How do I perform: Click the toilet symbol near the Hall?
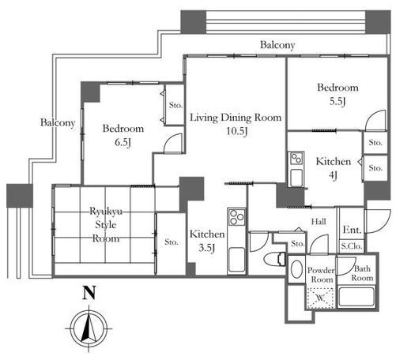click(x=275, y=259)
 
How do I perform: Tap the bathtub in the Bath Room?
click(x=356, y=297)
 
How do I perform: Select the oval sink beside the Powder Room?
click(x=296, y=269)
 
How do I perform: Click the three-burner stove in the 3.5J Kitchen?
click(x=237, y=217)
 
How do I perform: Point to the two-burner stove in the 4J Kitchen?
click(x=296, y=158)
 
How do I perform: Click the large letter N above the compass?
click(x=89, y=293)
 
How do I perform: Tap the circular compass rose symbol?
click(x=89, y=328)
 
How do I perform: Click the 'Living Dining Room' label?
click(x=236, y=118)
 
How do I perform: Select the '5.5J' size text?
click(x=337, y=101)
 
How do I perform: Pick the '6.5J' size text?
click(x=123, y=142)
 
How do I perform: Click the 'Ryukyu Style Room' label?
click(x=106, y=225)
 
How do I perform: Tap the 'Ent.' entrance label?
click(x=352, y=230)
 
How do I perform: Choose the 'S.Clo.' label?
click(x=352, y=246)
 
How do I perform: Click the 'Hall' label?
click(x=319, y=222)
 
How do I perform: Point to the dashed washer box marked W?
click(x=320, y=298)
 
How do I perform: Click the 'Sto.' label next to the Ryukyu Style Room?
click(x=172, y=242)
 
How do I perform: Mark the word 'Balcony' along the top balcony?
click(x=277, y=45)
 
